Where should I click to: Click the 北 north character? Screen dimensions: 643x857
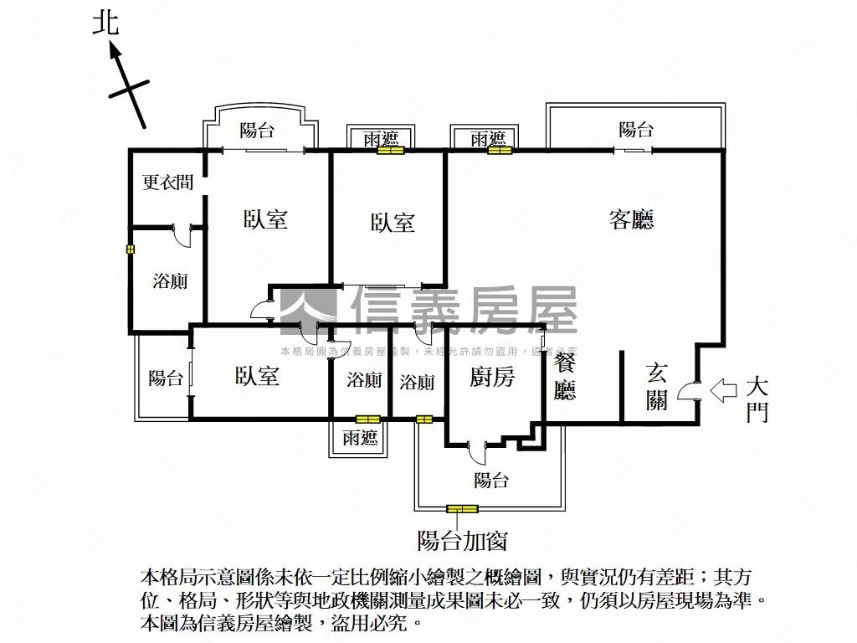coord(106,23)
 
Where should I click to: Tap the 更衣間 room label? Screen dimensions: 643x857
coord(167,182)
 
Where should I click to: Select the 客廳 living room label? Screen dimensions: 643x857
coord(631,219)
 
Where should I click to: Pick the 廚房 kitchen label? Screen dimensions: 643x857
coord(491,378)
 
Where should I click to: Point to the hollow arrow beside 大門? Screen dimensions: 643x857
coord(722,389)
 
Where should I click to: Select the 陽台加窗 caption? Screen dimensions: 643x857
coord(462,541)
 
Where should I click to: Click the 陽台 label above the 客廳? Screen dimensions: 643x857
coord(636,129)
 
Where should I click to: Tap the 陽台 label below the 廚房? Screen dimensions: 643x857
coord(491,481)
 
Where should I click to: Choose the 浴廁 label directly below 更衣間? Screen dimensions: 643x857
coord(170,280)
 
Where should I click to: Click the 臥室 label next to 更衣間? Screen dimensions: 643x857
coord(266,219)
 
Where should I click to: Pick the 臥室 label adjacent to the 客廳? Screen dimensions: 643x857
coord(393,223)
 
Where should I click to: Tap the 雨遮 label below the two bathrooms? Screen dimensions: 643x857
coord(361,437)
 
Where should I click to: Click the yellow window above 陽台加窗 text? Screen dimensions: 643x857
coord(462,508)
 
